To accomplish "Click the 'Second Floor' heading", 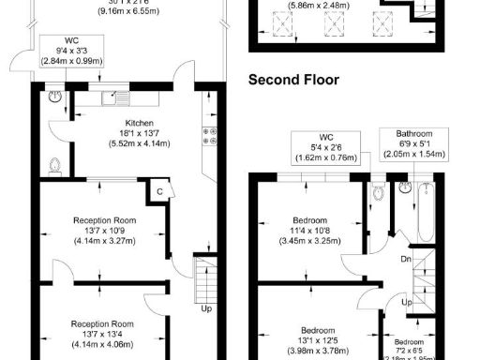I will pos(293,81).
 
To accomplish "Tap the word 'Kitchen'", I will pos(126,123).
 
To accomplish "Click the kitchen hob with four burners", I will pos(211,136).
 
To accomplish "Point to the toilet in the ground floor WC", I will pos(54,166).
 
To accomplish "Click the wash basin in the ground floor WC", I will pos(55,96).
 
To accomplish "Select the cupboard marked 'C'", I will pos(160,191).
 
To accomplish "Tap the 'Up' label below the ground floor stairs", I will pos(205,307).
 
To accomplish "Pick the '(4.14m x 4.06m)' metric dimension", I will pos(105,342).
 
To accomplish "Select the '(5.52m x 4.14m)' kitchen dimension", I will pos(126,144).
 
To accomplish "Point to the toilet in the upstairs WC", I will pos(378,192).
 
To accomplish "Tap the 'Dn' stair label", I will pos(406,260).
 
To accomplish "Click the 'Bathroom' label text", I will pos(405,133).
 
